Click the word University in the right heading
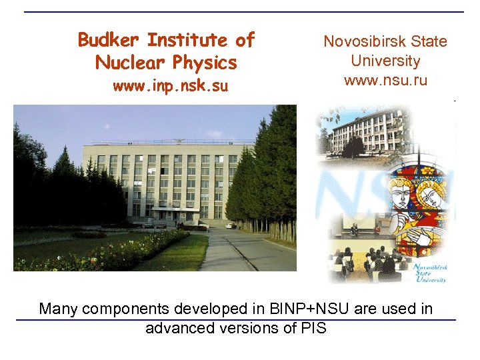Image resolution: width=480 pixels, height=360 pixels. tap(385, 61)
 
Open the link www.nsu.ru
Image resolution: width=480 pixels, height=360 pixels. tap(385, 81)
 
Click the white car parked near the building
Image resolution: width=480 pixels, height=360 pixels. tap(231, 226)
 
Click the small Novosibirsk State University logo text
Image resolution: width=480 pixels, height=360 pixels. tap(430, 273)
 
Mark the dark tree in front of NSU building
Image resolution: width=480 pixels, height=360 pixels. tap(353, 145)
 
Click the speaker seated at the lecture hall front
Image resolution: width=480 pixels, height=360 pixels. tap(355, 230)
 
